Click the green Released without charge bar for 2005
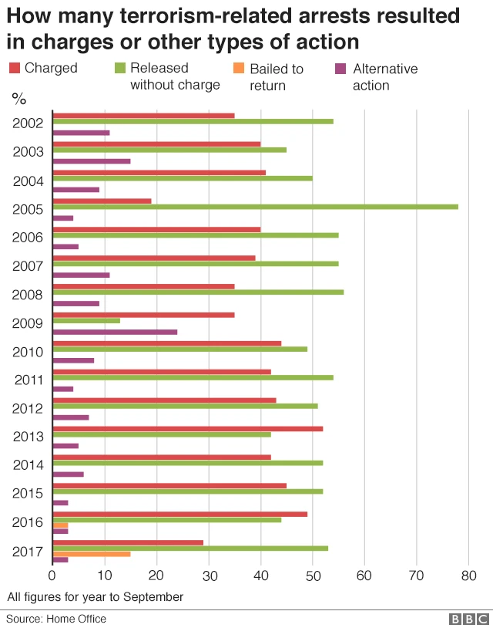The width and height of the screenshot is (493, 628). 255,207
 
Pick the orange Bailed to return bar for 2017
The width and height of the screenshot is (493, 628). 91,553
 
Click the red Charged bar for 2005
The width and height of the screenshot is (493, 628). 102,201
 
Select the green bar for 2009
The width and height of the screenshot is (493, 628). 86,320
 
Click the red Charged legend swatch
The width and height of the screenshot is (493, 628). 14,68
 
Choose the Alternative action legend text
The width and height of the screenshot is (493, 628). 384,76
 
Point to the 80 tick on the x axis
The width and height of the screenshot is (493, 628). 468,576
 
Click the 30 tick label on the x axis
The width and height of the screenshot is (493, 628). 208,576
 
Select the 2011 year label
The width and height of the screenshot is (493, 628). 29,380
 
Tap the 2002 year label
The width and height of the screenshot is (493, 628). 29,123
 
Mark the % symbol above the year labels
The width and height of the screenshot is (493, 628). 18,98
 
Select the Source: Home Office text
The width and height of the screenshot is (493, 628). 57,619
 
